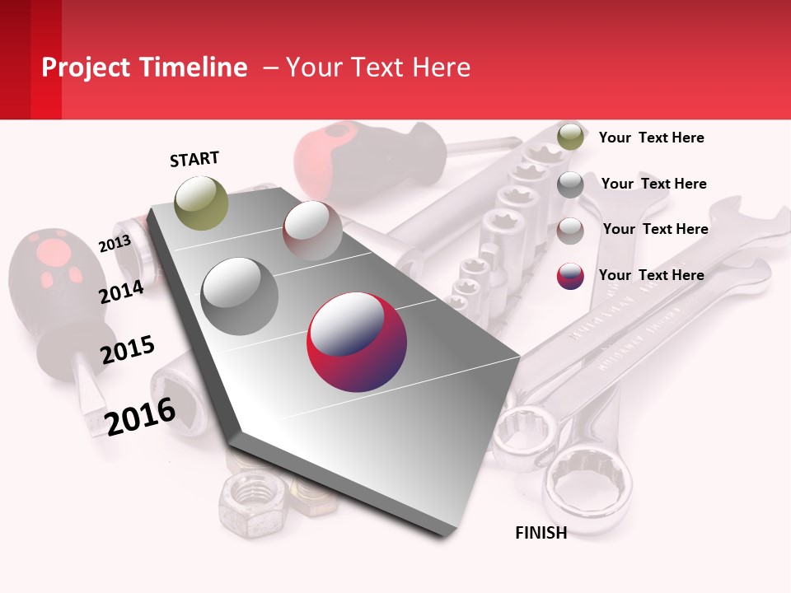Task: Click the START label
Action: (194, 159)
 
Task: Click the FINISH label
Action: (541, 533)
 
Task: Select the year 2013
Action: (115, 244)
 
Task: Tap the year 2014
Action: (121, 292)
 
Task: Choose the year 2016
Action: (140, 416)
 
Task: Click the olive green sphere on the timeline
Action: (202, 203)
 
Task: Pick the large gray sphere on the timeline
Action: (240, 296)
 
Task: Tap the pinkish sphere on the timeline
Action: (312, 231)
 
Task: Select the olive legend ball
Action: (570, 137)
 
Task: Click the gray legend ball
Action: (570, 184)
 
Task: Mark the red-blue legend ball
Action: (570, 276)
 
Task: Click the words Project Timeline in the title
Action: (144, 68)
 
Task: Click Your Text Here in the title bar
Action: (377, 68)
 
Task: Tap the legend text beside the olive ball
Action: (651, 138)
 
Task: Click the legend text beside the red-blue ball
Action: (651, 275)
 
